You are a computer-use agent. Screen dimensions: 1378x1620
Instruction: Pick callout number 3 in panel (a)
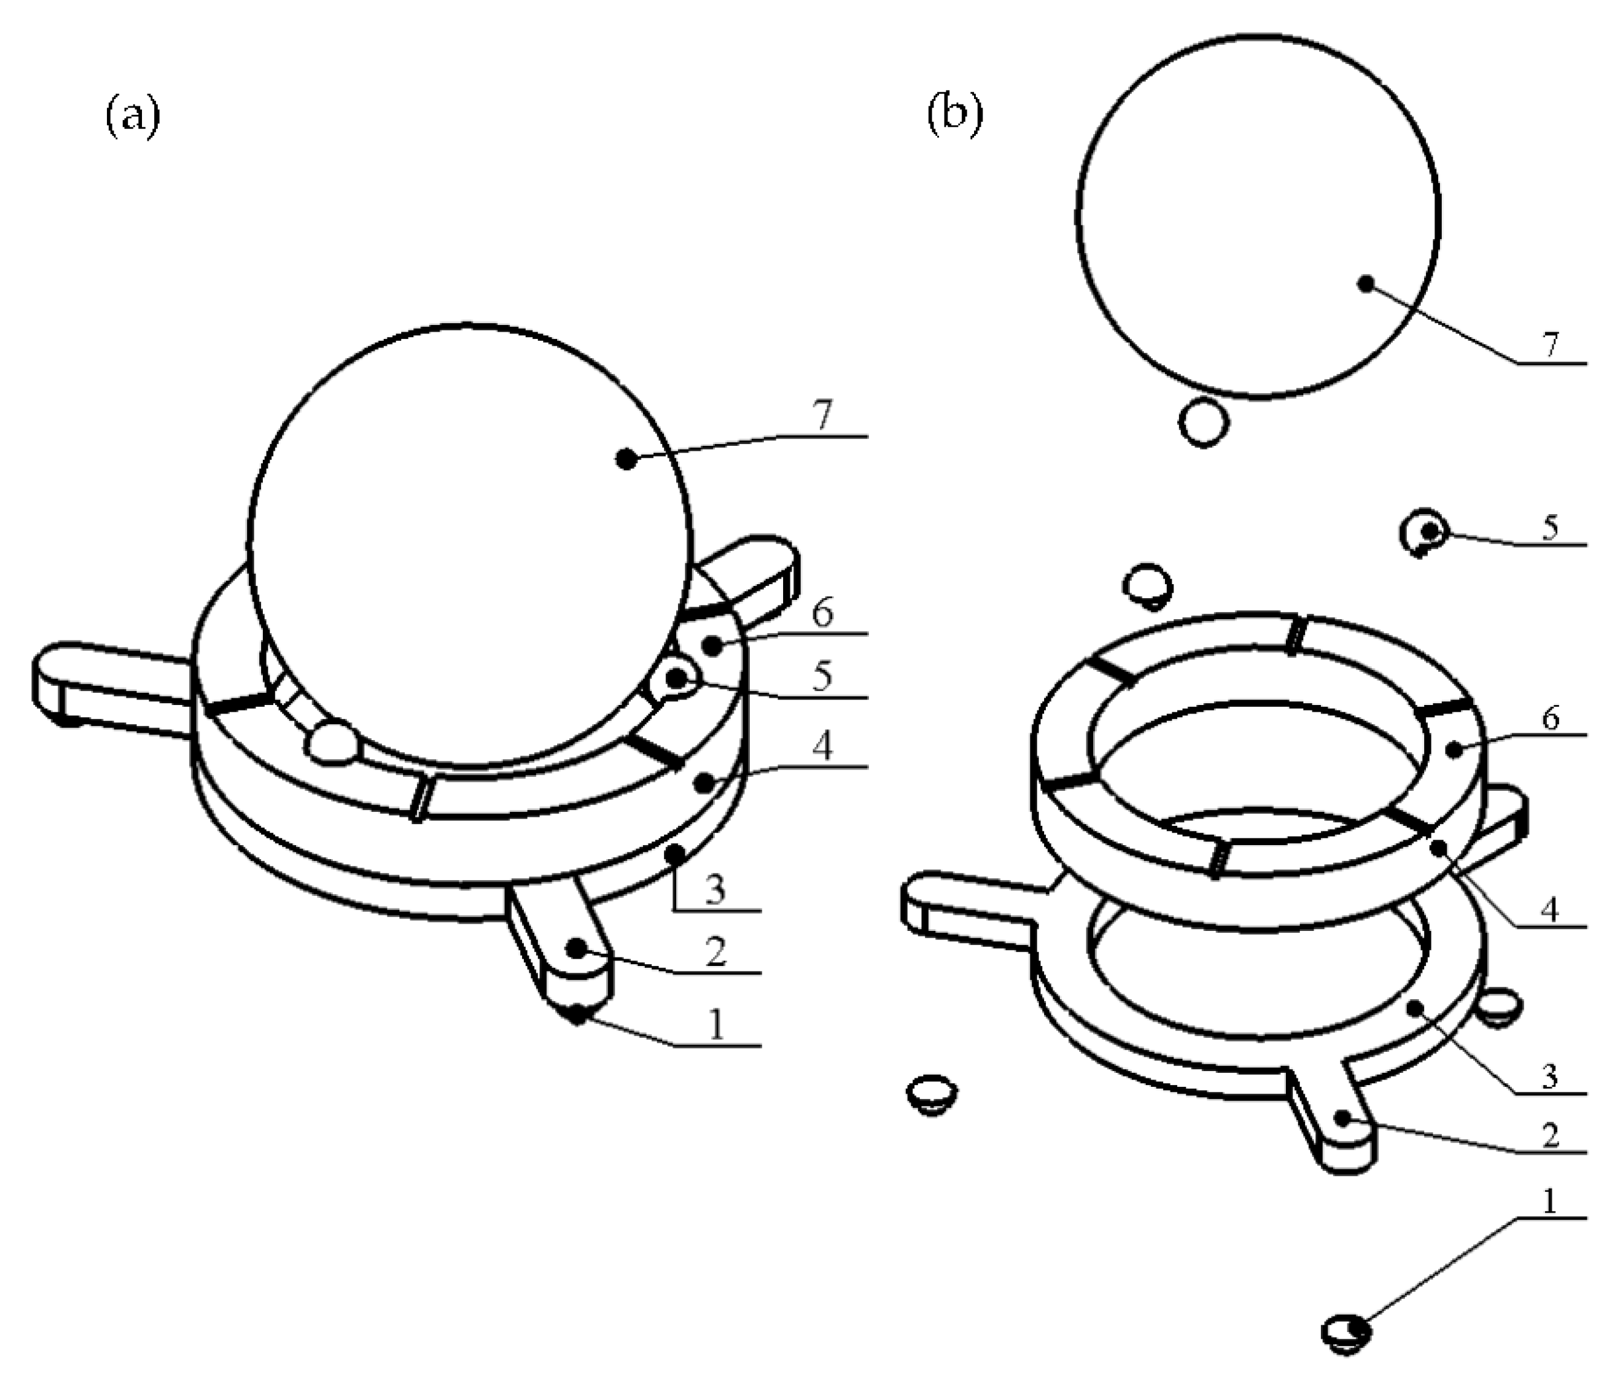tap(714, 890)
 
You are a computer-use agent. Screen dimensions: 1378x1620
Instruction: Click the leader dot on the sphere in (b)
tap(1365, 283)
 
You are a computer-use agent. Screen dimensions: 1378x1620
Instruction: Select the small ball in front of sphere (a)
tap(333, 741)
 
